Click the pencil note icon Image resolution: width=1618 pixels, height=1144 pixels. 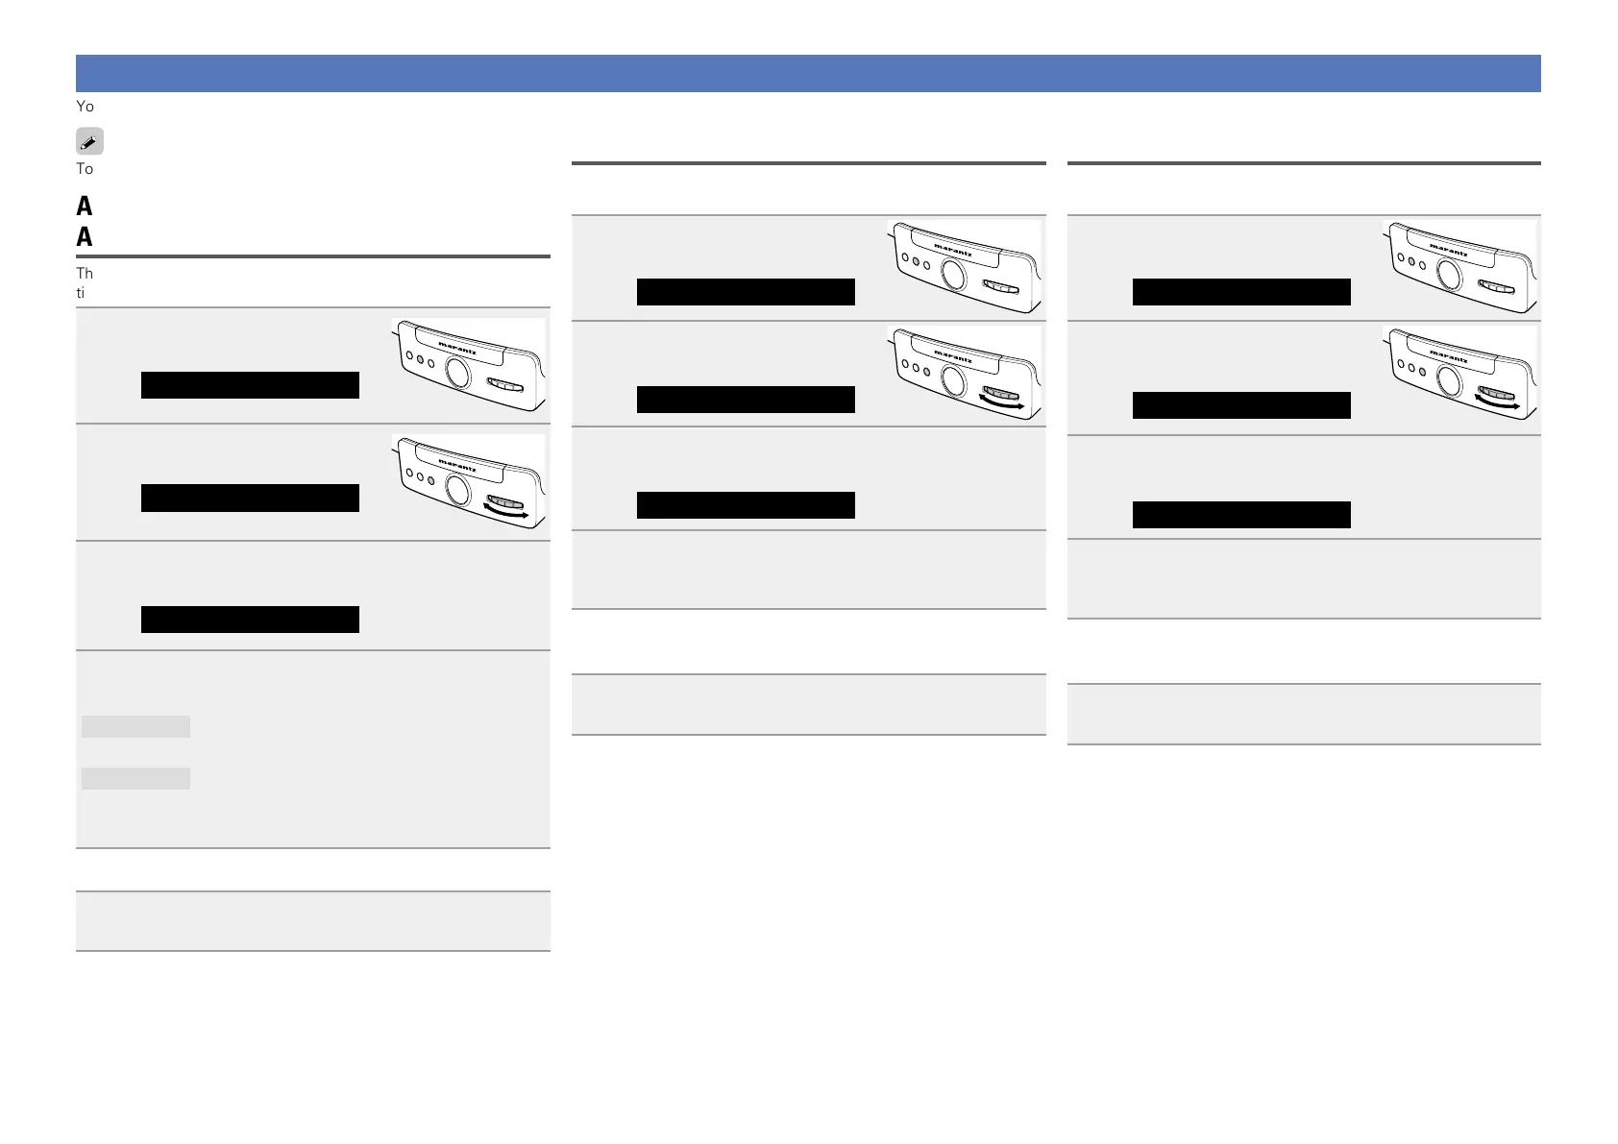click(89, 142)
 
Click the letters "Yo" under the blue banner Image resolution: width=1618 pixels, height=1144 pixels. click(85, 107)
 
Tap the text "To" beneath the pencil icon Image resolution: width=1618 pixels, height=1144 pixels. click(85, 169)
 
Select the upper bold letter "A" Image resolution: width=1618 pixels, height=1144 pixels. click(85, 206)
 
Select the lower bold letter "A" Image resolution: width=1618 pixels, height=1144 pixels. click(85, 236)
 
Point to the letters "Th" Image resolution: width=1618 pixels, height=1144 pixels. click(85, 274)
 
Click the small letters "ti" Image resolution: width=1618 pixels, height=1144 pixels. click(81, 293)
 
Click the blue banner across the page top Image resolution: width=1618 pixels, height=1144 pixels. click(808, 74)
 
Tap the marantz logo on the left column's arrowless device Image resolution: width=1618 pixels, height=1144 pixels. click(457, 348)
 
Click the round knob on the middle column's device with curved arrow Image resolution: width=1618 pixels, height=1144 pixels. click(953, 381)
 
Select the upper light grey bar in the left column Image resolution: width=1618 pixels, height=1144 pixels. click(135, 726)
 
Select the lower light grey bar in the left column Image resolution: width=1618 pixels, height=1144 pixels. click(135, 778)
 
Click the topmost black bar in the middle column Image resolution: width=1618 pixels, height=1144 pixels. click(746, 292)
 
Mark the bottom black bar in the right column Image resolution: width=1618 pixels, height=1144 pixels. click(1241, 515)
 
